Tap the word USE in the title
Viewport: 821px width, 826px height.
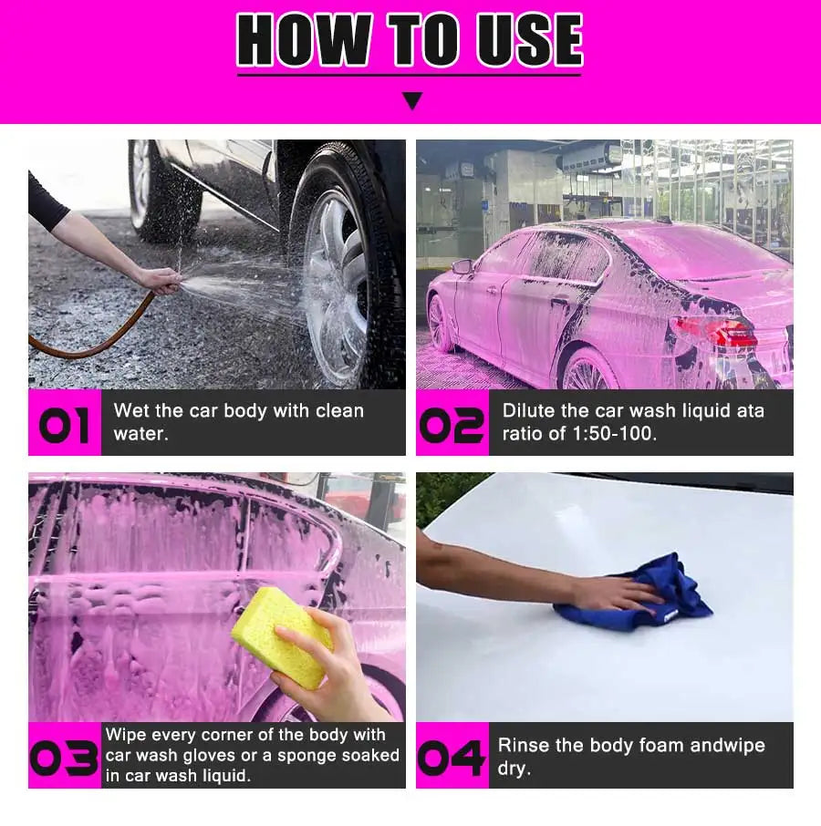point(529,39)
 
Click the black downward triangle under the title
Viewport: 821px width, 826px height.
point(412,100)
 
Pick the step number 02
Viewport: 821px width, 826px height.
point(452,425)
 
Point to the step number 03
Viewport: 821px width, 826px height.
point(64,758)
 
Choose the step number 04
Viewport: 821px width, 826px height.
point(452,758)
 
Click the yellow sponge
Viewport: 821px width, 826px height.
point(282,637)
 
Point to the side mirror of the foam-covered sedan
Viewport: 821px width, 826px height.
point(462,266)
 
